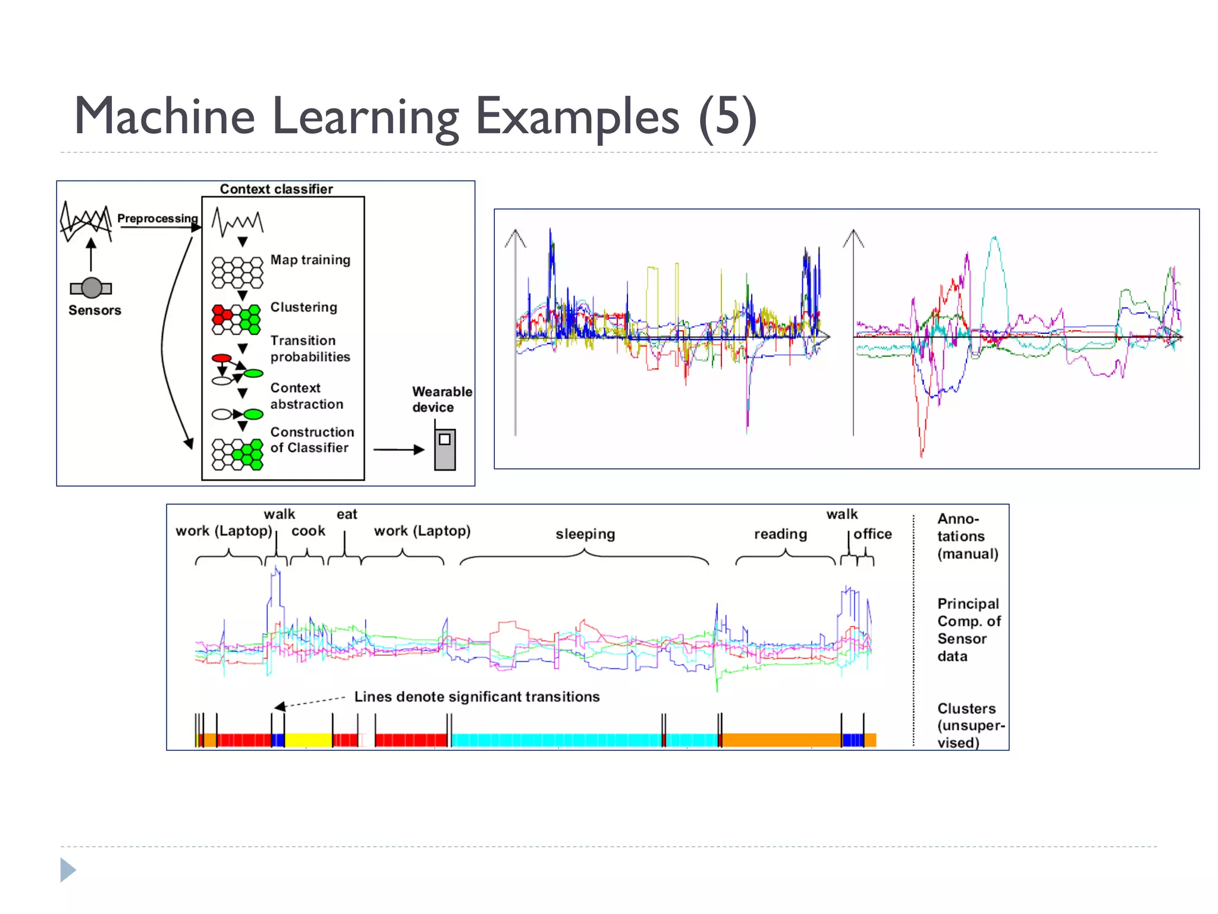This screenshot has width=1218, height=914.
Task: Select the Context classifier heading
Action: click(276, 189)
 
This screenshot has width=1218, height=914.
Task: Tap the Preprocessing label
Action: click(157, 218)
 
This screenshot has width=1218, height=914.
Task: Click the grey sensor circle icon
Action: click(91, 288)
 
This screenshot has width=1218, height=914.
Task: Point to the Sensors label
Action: click(95, 310)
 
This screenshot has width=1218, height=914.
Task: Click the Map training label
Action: click(310, 260)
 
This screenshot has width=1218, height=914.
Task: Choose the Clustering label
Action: click(303, 307)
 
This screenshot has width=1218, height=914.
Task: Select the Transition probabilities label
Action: click(310, 349)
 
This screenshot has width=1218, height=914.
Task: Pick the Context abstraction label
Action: click(306, 396)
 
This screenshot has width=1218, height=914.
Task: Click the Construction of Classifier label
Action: click(312, 440)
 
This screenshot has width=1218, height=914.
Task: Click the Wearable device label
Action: click(441, 399)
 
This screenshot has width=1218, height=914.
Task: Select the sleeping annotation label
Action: click(585, 534)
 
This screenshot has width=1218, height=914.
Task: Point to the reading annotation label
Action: click(780, 534)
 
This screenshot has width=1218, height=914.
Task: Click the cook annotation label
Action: click(308, 531)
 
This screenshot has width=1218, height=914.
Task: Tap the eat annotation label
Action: click(347, 514)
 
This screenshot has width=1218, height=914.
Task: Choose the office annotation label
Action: click(872, 534)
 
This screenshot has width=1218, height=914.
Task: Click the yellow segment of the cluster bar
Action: click(308, 740)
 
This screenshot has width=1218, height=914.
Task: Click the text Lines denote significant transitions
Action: click(477, 697)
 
